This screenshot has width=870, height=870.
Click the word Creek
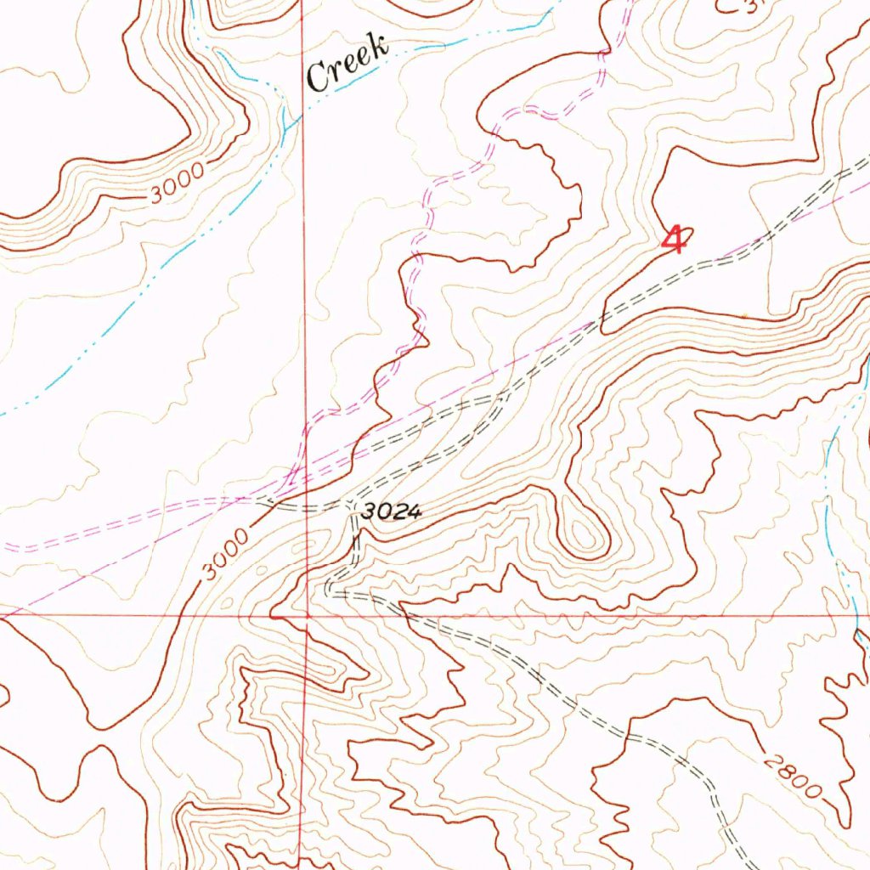[347, 63]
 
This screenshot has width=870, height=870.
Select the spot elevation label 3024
[390, 512]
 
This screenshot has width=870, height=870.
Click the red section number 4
[674, 239]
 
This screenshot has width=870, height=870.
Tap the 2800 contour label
[792, 775]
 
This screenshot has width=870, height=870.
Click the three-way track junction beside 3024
[351, 507]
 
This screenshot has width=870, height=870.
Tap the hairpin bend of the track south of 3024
[330, 587]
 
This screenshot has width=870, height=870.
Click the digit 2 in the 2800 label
[770, 759]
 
